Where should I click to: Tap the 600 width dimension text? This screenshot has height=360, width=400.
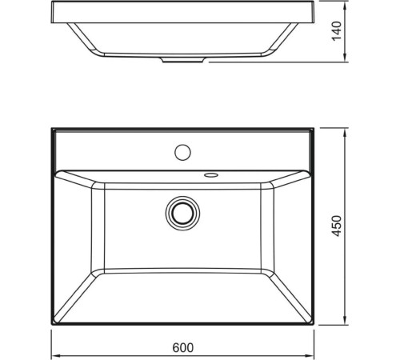click(183, 349)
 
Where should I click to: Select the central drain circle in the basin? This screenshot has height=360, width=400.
click(182, 212)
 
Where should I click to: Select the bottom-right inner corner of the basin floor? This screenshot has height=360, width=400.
click(267, 272)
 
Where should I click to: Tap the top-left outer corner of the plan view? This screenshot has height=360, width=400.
click(51, 127)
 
